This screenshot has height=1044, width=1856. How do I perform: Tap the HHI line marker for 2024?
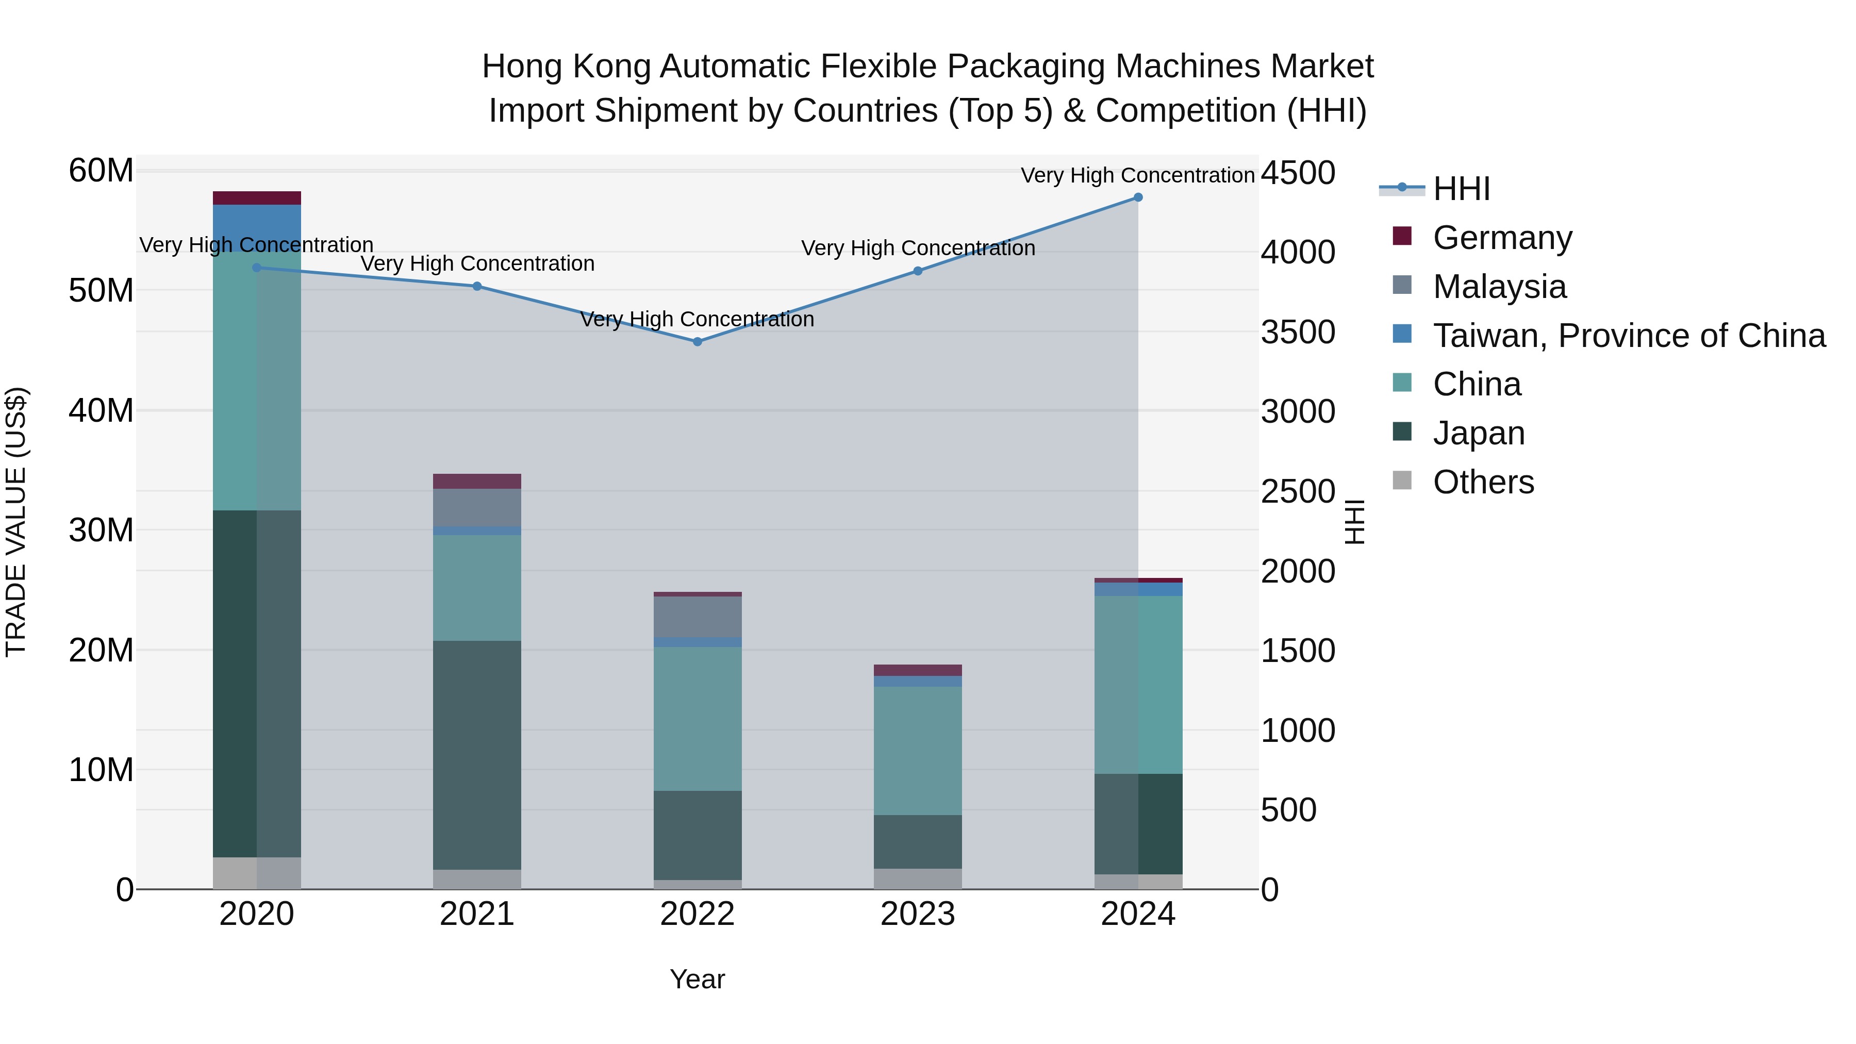click(x=1138, y=197)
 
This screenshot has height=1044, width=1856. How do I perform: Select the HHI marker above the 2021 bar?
click(x=477, y=286)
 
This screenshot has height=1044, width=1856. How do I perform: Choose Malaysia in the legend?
click(x=1499, y=287)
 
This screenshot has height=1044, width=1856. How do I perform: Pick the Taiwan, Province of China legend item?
click(x=1628, y=336)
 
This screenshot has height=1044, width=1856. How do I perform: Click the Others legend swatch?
click(x=1402, y=480)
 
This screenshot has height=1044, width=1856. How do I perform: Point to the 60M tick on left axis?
click(x=101, y=172)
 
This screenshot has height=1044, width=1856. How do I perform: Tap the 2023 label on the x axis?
click(x=917, y=914)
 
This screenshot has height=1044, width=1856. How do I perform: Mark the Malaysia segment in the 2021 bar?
click(x=477, y=507)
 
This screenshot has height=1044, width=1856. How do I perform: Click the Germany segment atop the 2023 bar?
click(x=917, y=670)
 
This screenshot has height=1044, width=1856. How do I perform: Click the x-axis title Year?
click(x=697, y=979)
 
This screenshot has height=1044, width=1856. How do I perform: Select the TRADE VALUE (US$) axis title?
click(x=16, y=522)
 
